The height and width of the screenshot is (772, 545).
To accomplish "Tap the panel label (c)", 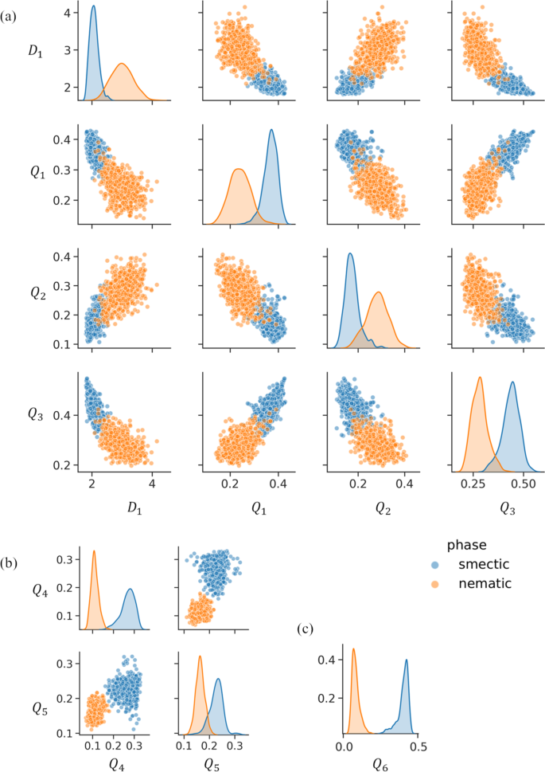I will point(306,629).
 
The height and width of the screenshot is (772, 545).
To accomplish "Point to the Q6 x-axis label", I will point(381,762).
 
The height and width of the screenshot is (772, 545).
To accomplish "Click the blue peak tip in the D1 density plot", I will point(93,6).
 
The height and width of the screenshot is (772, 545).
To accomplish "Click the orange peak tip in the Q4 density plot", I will point(94,551).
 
